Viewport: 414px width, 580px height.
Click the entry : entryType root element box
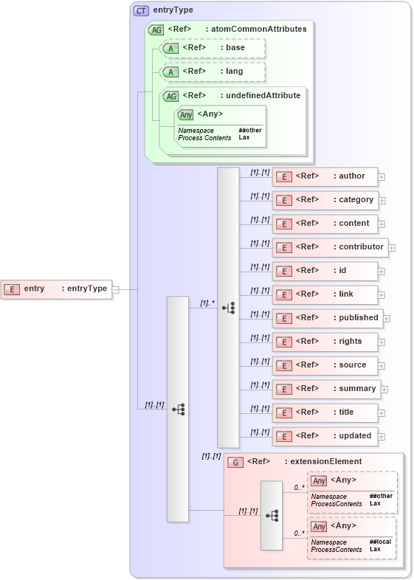pyautogui.click(x=56, y=289)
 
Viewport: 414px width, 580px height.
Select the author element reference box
pyautogui.click(x=325, y=176)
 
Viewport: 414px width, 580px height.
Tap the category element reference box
pyautogui.click(x=325, y=200)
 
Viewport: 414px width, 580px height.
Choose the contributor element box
pyautogui.click(x=329, y=247)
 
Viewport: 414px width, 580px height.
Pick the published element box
pyautogui.click(x=326, y=318)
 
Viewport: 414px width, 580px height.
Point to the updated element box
pyautogui.click(x=325, y=436)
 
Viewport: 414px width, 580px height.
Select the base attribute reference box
pyautogui.click(x=213, y=48)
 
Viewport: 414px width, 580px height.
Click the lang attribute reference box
pyautogui.click(x=213, y=72)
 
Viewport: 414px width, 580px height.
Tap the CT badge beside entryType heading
pyautogui.click(x=141, y=10)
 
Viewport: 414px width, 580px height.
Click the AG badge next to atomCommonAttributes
pyautogui.click(x=156, y=30)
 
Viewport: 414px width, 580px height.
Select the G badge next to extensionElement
pyautogui.click(x=235, y=462)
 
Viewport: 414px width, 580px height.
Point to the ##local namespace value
pyautogui.click(x=380, y=542)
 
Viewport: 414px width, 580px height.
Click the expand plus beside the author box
pyautogui.click(x=382, y=177)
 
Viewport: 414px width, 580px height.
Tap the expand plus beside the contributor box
pyautogui.click(x=392, y=248)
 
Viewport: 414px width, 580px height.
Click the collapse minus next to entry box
pyautogui.click(x=115, y=289)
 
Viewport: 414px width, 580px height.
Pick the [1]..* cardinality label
pyautogui.click(x=207, y=303)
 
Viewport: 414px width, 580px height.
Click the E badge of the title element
pyautogui.click(x=284, y=412)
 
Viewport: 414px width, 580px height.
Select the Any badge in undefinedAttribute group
pyautogui.click(x=186, y=114)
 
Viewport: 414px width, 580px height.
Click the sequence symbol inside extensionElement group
pyautogui.click(x=272, y=515)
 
